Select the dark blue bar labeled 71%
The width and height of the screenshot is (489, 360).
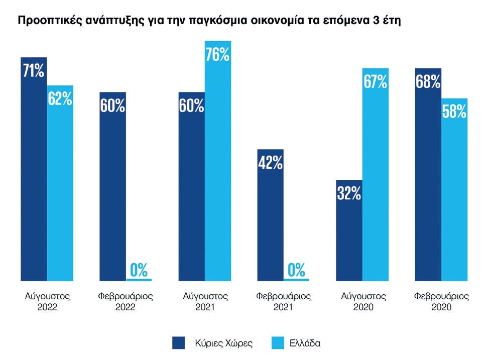click(x=34, y=171)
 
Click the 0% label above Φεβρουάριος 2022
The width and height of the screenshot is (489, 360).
click(x=139, y=270)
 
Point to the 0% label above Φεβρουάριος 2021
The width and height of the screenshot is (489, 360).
click(x=296, y=270)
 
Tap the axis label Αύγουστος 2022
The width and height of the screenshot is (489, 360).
click(x=47, y=301)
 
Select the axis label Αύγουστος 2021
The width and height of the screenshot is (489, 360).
click(x=205, y=301)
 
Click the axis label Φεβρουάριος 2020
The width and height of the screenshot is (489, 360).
click(x=441, y=301)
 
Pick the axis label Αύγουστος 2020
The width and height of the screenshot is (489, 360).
click(x=362, y=301)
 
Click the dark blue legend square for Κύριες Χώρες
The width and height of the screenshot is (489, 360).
click(x=179, y=343)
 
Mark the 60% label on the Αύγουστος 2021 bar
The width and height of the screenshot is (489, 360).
click(x=192, y=106)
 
